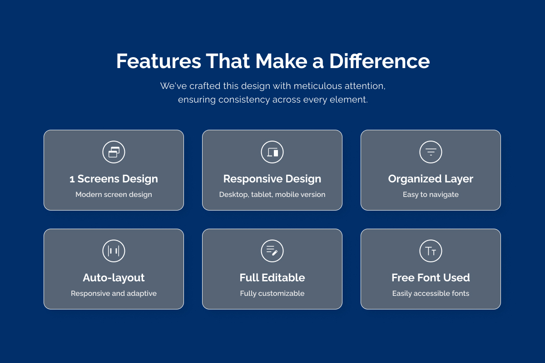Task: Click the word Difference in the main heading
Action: (380, 61)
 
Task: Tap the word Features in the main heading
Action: (159, 61)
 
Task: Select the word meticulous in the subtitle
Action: (318, 86)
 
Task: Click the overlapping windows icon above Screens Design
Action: (114, 152)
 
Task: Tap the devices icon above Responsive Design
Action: (272, 152)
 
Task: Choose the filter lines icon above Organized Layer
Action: (431, 152)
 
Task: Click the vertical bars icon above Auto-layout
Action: (114, 251)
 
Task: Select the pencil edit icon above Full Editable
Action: (272, 251)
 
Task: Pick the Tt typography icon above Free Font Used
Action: (431, 251)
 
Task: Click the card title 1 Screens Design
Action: (114, 179)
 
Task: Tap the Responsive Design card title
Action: (272, 179)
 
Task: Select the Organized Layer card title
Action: (431, 179)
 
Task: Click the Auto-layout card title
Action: (114, 278)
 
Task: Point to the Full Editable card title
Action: (272, 278)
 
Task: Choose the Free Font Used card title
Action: (431, 278)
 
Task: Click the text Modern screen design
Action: (114, 195)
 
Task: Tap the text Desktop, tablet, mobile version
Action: (272, 195)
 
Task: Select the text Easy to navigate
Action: (431, 195)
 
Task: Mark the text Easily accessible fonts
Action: (431, 294)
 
